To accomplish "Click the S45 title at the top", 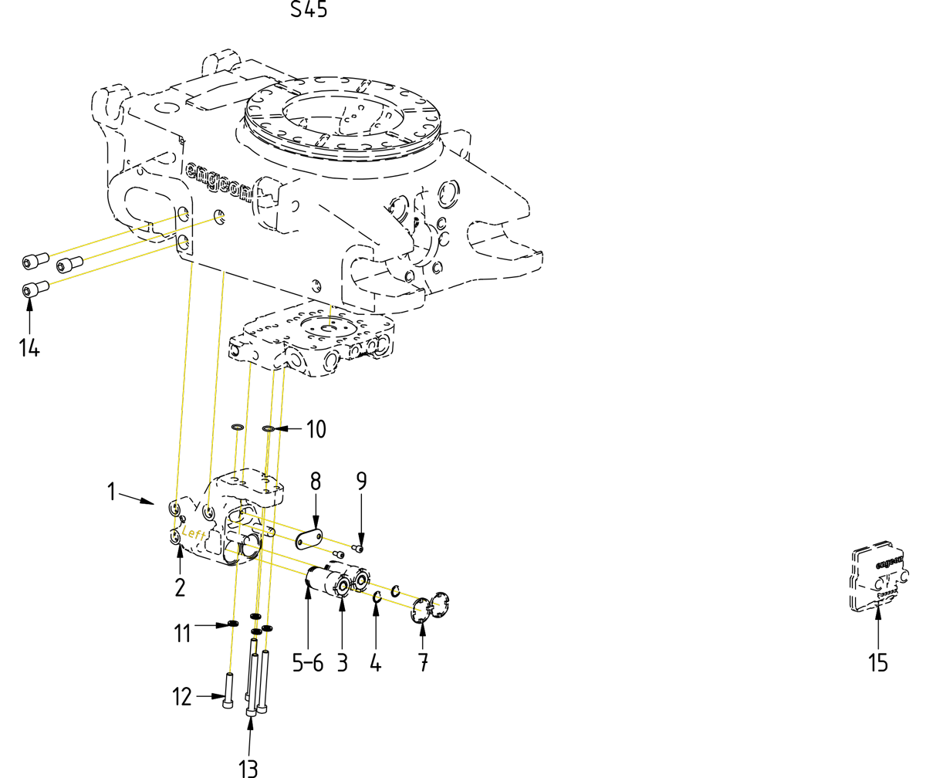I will [309, 10].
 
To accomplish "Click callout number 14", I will [29, 348].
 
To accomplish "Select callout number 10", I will [316, 429].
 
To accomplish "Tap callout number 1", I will [112, 492].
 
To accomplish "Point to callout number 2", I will [180, 587].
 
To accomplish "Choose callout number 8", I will [316, 482].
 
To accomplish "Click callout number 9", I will [361, 482].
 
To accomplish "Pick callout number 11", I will [182, 634].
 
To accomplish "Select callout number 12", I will [182, 697].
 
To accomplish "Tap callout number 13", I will [248, 766].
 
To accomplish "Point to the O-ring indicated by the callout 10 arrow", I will [268, 429].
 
